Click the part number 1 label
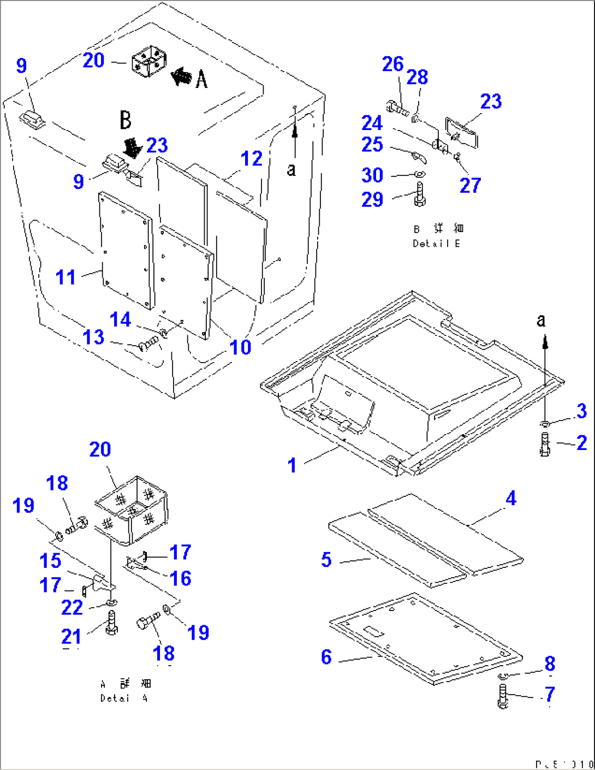click(x=292, y=465)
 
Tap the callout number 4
click(x=511, y=498)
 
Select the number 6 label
click(x=326, y=656)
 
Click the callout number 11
click(x=66, y=277)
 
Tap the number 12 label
click(x=252, y=158)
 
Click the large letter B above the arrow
click(x=126, y=120)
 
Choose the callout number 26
click(x=392, y=64)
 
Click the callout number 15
click(x=50, y=561)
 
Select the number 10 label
click(x=240, y=347)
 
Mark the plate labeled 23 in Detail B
click(x=463, y=132)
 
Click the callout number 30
click(x=372, y=175)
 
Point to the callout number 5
click(x=326, y=559)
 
